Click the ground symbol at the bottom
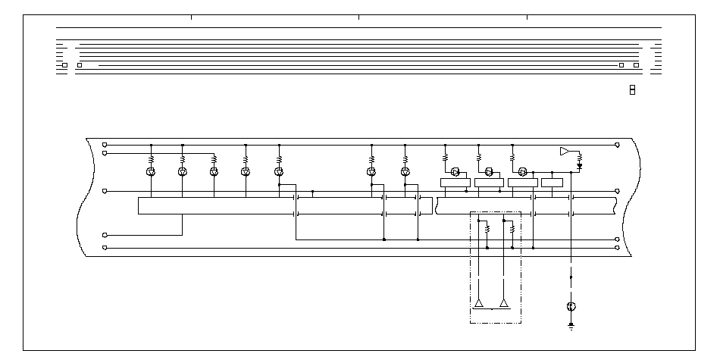[x=571, y=326]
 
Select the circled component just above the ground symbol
[x=571, y=307]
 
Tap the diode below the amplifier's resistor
[x=580, y=164]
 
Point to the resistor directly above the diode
[x=580, y=157]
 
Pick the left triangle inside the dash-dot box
[x=478, y=304]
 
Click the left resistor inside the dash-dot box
[x=487, y=228]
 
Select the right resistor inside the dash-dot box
[x=513, y=228]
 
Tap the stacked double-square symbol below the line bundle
[x=632, y=90]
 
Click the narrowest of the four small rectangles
[x=552, y=182]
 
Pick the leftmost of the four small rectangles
[x=455, y=182]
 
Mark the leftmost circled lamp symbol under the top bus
[x=151, y=172]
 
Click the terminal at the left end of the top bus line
[x=105, y=145]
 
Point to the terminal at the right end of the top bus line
[x=618, y=145]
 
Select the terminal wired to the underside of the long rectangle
[x=105, y=235]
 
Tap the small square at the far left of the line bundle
[x=64, y=65]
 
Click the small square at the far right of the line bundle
[x=636, y=65]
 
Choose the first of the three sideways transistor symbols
[x=456, y=171]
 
